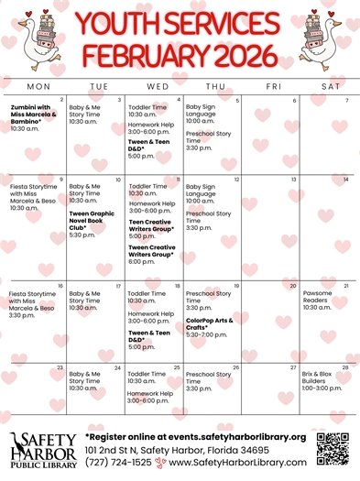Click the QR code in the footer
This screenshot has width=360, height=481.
tap(333, 449)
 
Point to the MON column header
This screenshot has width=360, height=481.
tap(38, 86)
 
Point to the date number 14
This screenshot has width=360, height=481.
tap(345, 180)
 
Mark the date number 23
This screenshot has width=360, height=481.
tap(60, 367)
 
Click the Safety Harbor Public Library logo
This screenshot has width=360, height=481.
tap(40, 451)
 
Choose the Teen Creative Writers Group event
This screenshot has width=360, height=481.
tap(150, 225)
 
